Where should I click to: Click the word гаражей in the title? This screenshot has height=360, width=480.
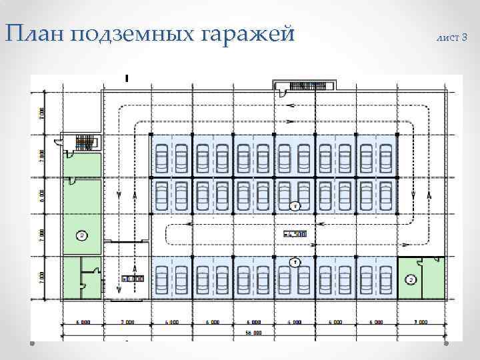tap(256, 34)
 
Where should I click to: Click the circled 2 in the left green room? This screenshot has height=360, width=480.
tap(81, 235)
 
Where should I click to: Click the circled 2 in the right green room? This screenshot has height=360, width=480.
tap(411, 279)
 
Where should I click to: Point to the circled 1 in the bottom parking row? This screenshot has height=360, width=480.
tap(294, 261)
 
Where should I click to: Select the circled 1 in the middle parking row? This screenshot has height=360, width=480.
tap(294, 206)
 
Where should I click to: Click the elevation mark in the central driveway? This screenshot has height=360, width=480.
tap(294, 234)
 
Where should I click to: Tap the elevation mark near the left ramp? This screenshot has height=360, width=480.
tap(131, 278)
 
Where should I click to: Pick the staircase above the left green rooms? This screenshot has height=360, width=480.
tap(84, 141)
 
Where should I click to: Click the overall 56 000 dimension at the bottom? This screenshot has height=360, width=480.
tap(253, 332)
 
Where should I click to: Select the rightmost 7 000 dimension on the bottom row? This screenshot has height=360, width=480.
tap(420, 322)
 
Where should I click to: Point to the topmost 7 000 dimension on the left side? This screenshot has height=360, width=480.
tap(41, 113)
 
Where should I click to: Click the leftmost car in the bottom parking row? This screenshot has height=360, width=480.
tap(161, 279)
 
